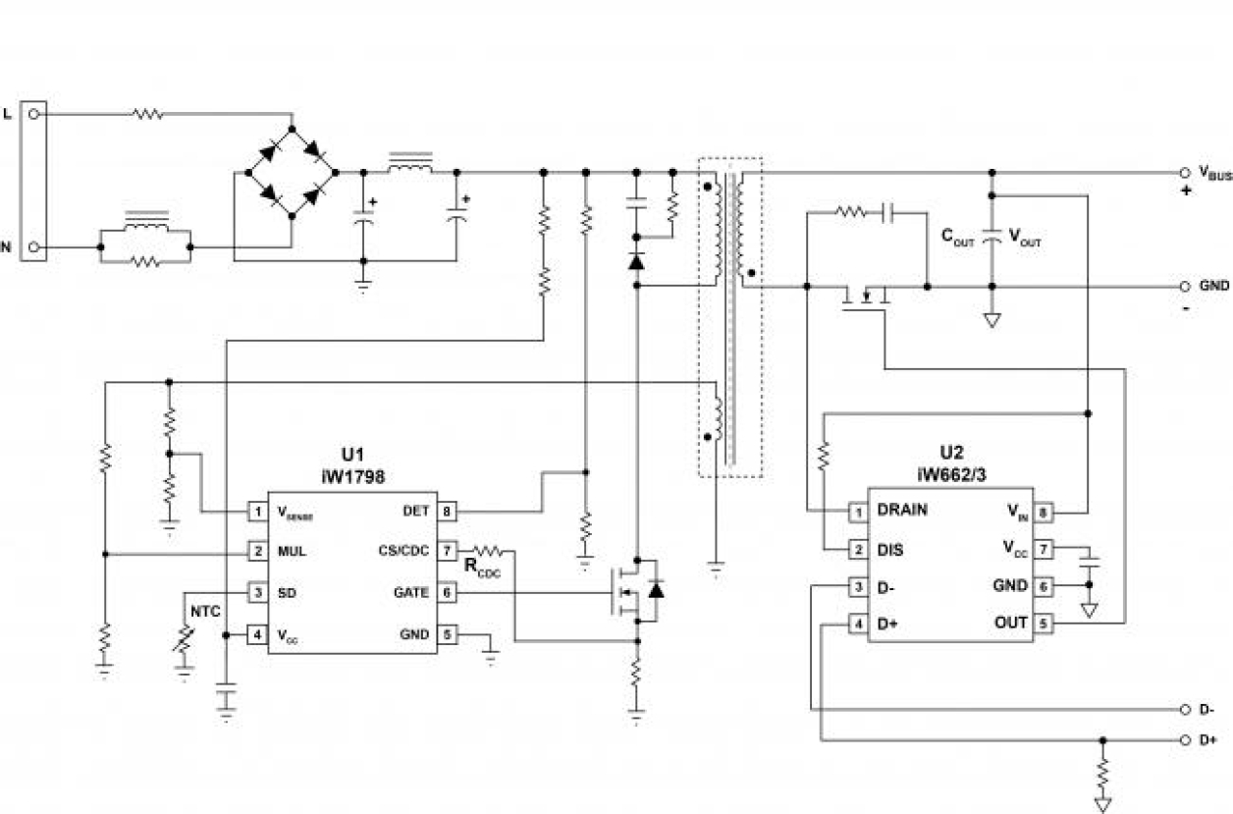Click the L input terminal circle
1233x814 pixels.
coord(34,114)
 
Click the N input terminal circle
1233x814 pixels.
coord(34,247)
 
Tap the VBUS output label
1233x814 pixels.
coord(1214,175)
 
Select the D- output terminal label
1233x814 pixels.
coord(1207,709)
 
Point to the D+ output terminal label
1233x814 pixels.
coord(1208,739)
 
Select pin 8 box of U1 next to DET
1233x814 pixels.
coord(449,511)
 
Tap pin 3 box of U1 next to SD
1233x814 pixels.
coord(257,593)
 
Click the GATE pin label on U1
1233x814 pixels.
coord(410,593)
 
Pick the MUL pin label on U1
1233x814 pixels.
coord(292,552)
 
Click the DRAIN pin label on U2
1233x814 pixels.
coord(901,511)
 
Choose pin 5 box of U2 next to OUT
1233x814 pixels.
coord(1044,623)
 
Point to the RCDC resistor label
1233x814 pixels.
coord(482,567)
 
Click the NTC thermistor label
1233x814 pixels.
coord(205,611)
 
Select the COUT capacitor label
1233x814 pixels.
coord(958,237)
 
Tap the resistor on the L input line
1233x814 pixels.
coord(148,114)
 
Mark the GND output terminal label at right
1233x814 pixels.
coord(1213,286)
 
